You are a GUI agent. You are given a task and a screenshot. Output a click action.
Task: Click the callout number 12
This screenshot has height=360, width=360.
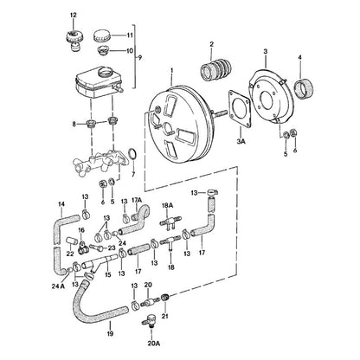coord(74,16)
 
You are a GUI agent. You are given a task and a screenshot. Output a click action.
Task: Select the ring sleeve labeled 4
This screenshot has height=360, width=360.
coord(305,87)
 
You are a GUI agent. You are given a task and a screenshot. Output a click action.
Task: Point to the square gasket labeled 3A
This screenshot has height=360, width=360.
coord(239,109)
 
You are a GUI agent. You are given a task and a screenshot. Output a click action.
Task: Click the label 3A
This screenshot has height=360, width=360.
coord(241,142)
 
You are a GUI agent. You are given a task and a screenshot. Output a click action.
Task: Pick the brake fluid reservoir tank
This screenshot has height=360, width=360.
coord(98,83)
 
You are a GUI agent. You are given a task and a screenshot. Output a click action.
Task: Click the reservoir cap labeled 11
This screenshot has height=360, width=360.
coord(102,35)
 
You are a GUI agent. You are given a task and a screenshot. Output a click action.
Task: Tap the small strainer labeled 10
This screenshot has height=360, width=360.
coord(102,51)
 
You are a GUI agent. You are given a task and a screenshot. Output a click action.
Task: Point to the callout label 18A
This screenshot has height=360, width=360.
coord(167,205)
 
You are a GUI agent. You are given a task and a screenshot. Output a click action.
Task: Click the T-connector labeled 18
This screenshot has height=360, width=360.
coord(169,241)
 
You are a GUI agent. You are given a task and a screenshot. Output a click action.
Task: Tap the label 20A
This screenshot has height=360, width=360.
coord(154,344)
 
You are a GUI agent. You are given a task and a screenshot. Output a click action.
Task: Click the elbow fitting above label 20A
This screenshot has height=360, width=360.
coord(149,320)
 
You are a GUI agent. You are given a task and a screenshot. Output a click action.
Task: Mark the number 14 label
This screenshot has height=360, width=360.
coord(61,204)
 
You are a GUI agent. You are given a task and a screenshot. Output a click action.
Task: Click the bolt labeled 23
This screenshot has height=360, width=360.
coord(95,247)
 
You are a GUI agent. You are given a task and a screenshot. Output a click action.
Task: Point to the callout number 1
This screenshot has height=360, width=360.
coord(172,70)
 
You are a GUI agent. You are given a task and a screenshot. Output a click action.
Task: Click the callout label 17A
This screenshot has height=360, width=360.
coord(137,199)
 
